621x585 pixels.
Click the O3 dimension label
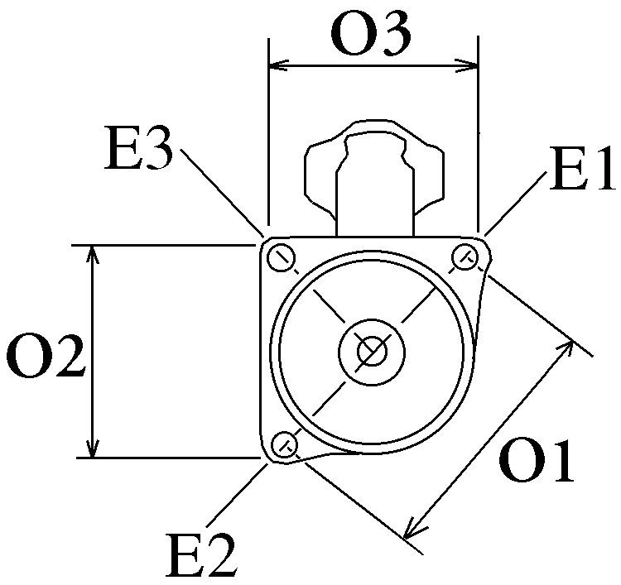[370, 35]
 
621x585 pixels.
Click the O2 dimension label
[46, 357]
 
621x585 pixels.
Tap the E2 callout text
[202, 555]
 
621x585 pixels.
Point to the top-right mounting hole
[465, 257]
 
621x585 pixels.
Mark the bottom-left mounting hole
[285, 444]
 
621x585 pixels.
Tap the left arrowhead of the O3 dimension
[277, 63]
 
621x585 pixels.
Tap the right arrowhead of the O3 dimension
[472, 63]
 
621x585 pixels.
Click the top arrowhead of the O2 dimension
[94, 253]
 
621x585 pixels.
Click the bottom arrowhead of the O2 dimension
[94, 449]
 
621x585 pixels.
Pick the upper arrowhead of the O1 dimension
[568, 345]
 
